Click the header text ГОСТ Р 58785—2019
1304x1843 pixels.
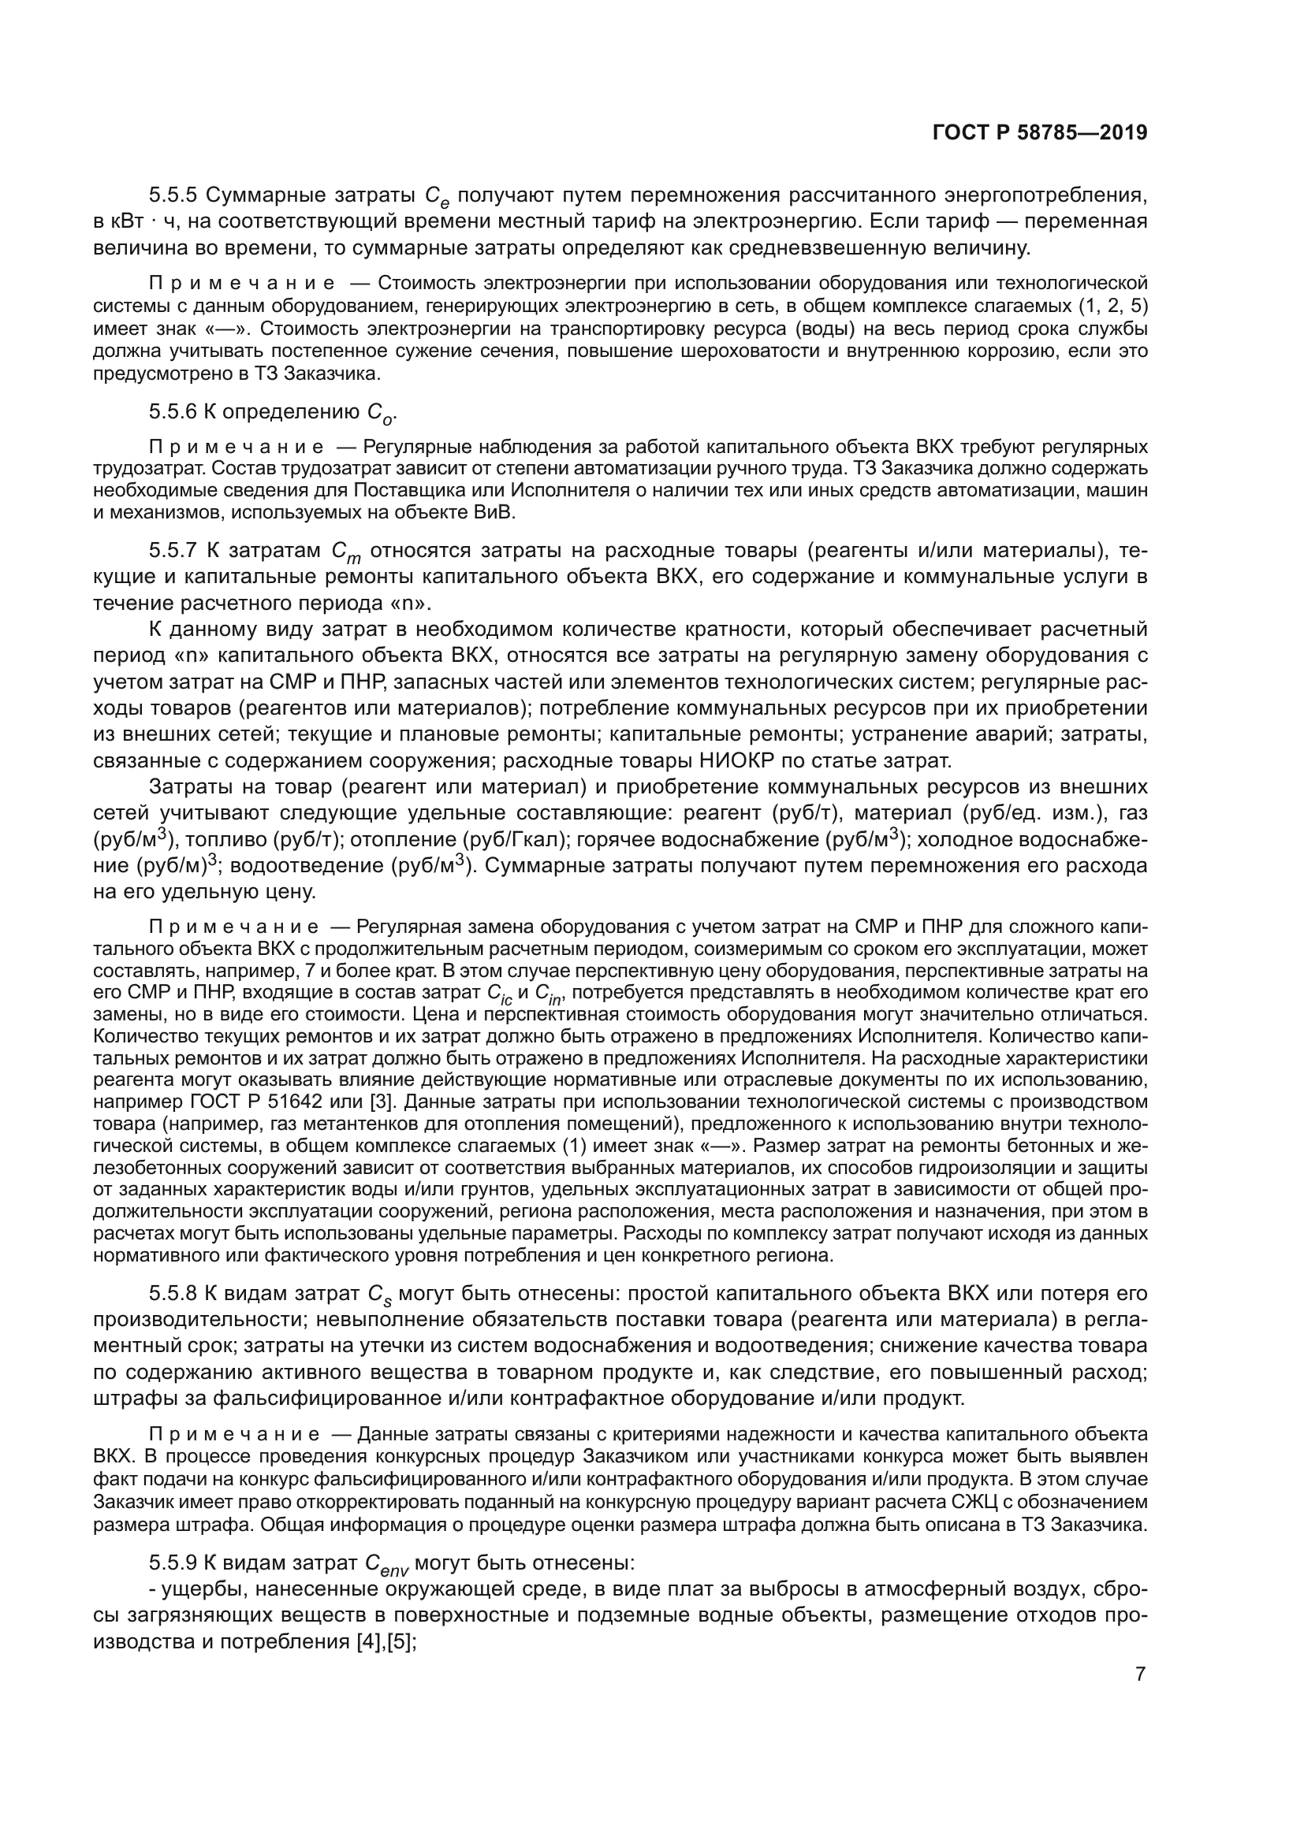point(1040,133)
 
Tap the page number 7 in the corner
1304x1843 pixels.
point(1140,1674)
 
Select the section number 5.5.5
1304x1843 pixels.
point(173,195)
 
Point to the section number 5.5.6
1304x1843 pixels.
point(173,413)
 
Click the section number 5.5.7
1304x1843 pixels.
point(173,551)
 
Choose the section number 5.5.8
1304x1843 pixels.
point(173,1294)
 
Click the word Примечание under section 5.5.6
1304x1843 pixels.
point(236,447)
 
